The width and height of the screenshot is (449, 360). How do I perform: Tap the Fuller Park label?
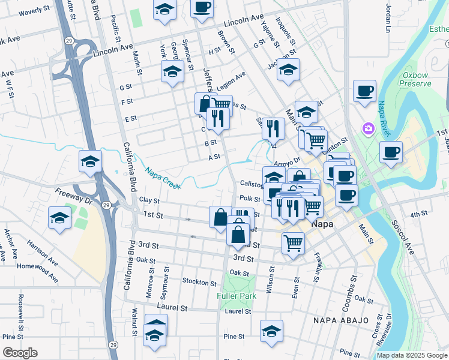tap(237, 296)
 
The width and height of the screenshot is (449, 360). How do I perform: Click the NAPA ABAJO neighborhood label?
tap(341, 320)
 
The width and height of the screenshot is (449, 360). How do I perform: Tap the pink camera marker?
tap(367, 128)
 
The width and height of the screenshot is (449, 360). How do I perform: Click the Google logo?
tap(20, 353)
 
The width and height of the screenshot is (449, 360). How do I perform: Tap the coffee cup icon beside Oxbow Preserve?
tap(364, 92)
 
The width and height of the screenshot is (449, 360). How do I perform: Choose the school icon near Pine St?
tap(271, 331)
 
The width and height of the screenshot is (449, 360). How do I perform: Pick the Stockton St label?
tap(199, 282)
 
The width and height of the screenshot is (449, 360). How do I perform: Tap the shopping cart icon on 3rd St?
tap(292, 243)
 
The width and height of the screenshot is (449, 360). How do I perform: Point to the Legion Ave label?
tap(232, 79)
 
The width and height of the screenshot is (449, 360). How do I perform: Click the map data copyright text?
tap(412, 355)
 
